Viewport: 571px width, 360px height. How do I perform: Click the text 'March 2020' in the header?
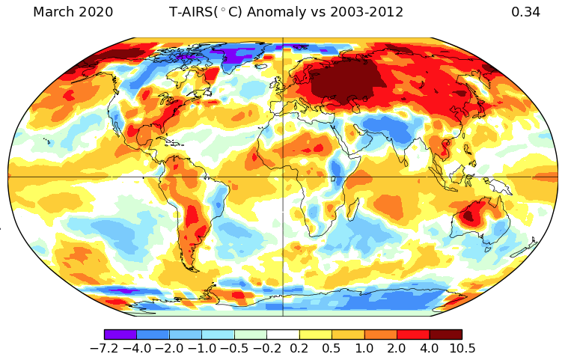tap(73, 12)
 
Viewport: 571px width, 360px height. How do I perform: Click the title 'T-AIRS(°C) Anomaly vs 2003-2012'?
tap(287, 12)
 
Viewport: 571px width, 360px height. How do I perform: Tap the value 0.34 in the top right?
tap(525, 12)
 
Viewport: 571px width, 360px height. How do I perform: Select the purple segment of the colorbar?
tap(120, 335)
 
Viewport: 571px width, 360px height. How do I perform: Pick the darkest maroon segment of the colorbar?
tap(445, 335)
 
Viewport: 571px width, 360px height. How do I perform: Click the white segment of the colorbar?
tap(283, 335)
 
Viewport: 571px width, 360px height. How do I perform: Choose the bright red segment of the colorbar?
tap(412, 335)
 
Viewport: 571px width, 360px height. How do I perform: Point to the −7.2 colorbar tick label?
tap(104, 349)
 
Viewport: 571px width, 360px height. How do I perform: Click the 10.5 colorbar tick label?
tap(462, 349)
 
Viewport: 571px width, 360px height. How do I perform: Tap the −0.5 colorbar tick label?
tap(234, 349)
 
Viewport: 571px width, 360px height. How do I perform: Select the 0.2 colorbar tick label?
tap(299, 349)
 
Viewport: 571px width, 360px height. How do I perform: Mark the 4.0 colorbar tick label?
tap(429, 349)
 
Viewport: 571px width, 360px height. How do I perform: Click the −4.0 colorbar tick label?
tap(136, 349)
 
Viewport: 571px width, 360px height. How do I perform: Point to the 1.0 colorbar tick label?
tap(364, 349)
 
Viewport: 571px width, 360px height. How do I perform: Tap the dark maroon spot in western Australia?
tap(468, 216)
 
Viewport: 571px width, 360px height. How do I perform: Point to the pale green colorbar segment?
tap(251, 335)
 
